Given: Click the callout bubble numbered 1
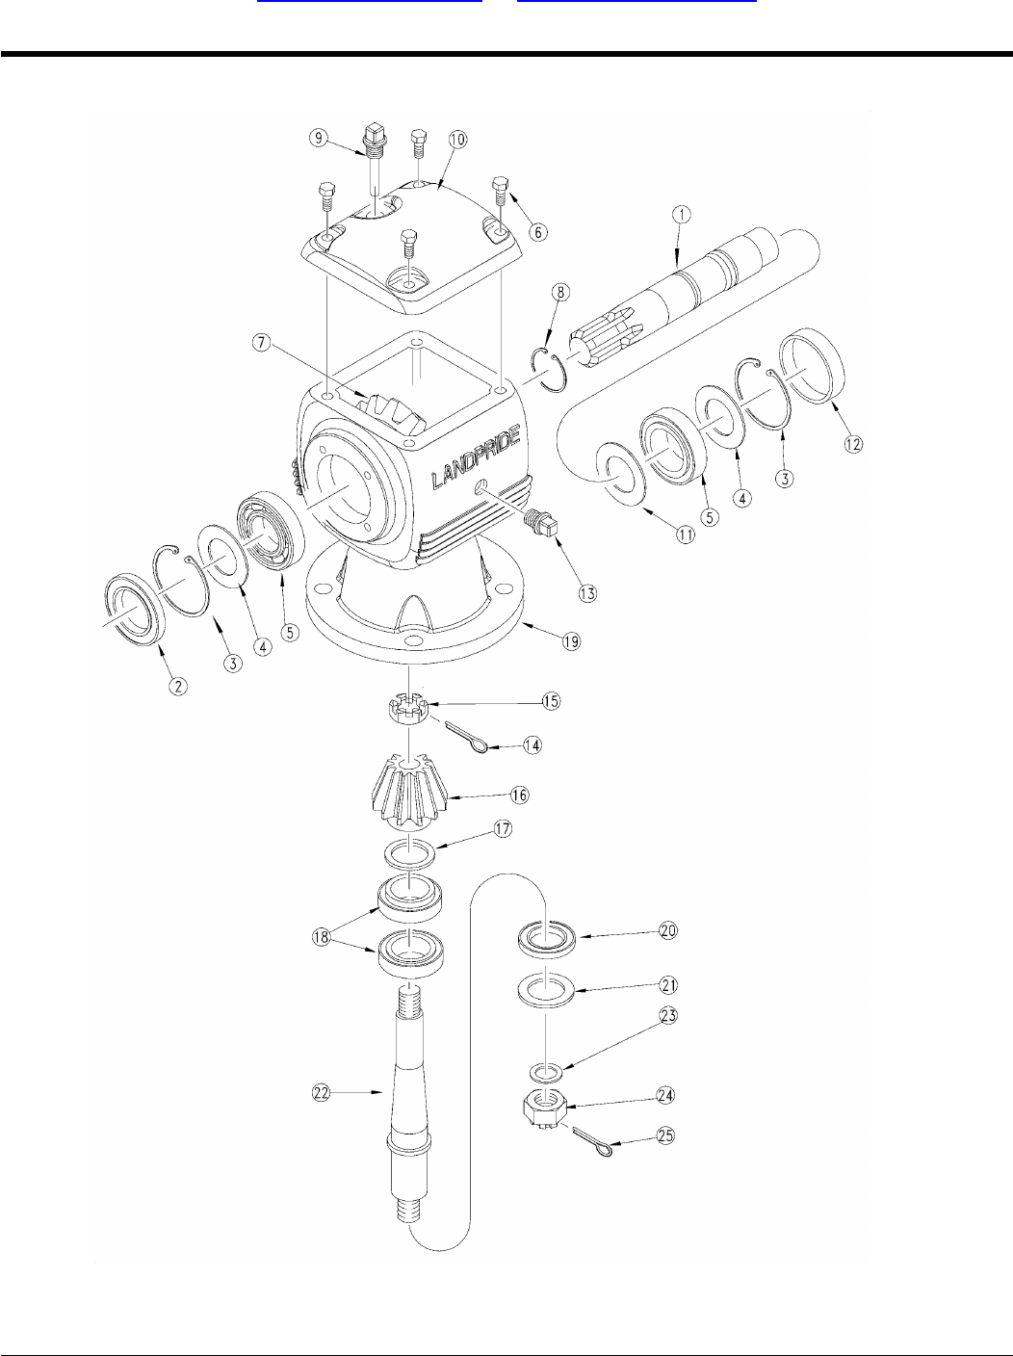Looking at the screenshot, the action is [682, 215].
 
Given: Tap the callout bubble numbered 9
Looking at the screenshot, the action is [319, 137].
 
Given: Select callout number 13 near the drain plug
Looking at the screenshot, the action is [587, 593].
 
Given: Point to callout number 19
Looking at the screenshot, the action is [572, 641].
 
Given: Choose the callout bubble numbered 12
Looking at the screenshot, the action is [853, 444].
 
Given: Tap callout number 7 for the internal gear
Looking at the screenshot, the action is [262, 342].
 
